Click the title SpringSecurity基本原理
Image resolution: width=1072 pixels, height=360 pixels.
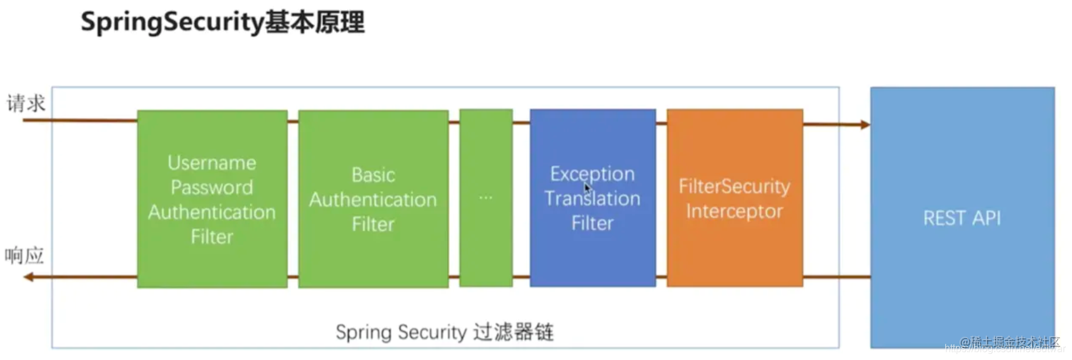click(222, 22)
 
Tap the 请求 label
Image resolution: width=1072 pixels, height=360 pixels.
click(26, 103)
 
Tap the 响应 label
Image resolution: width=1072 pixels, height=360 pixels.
click(25, 256)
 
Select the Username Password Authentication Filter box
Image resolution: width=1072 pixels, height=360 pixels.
click(212, 199)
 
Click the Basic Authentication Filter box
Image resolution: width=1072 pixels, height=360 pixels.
click(373, 199)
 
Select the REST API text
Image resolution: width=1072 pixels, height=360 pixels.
click(962, 218)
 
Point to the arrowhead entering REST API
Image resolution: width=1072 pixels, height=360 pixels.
click(865, 124)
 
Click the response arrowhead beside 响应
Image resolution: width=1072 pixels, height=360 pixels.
click(28, 276)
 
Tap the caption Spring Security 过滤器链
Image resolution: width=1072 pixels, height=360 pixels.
click(444, 332)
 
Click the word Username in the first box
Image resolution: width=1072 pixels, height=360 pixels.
click(212, 162)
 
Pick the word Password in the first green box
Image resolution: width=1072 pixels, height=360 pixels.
click(212, 187)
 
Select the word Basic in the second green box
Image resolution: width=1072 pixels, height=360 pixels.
click(373, 174)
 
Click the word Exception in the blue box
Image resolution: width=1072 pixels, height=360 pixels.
click(592, 173)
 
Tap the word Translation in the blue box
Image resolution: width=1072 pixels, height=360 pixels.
click(592, 198)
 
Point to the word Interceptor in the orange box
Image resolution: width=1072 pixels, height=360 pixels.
click(735, 211)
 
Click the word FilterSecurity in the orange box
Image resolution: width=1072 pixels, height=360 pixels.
click(735, 186)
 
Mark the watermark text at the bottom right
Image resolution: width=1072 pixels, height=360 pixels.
click(1009, 343)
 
